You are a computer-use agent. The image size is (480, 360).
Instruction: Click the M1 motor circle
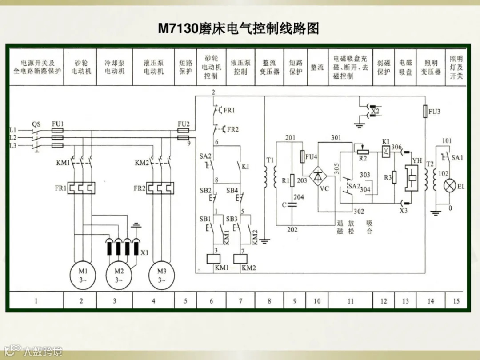click(81, 275)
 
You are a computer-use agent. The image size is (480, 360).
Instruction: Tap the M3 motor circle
click(161, 275)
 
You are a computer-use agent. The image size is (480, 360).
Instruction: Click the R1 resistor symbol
click(292, 180)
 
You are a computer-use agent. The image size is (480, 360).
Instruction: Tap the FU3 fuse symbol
click(425, 111)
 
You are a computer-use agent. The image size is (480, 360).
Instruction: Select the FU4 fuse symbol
click(303, 157)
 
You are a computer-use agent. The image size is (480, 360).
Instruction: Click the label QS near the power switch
click(36, 124)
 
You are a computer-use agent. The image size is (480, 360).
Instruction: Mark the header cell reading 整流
click(317, 68)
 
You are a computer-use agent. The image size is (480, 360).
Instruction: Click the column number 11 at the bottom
click(351, 301)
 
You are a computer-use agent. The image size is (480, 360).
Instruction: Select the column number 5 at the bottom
click(185, 301)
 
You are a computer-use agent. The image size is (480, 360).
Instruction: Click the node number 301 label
click(336, 138)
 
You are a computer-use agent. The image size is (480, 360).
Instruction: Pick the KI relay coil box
click(386, 152)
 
